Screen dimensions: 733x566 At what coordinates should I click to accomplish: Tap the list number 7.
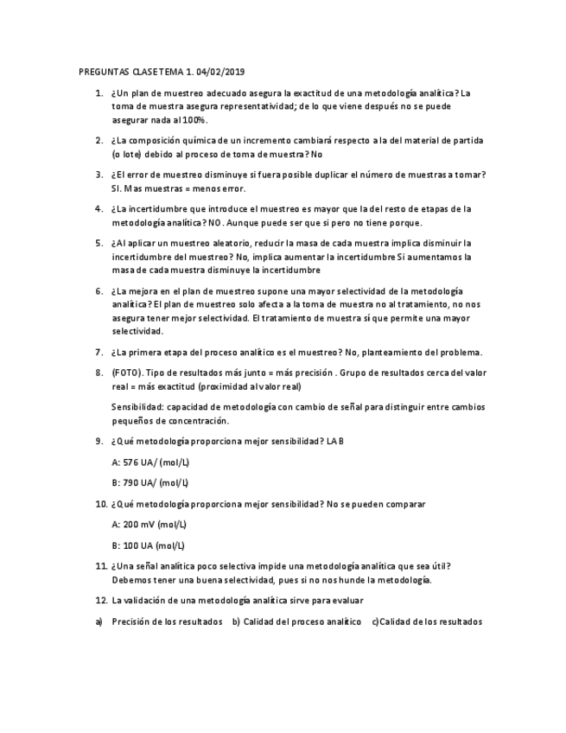[99, 352]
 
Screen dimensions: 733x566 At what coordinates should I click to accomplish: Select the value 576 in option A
[133, 462]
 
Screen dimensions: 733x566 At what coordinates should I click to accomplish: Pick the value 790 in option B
[133, 482]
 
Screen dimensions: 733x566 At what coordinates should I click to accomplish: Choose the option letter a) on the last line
[99, 621]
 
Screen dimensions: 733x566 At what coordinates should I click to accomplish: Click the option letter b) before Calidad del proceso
[236, 621]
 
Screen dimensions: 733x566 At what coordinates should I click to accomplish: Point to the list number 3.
[99, 175]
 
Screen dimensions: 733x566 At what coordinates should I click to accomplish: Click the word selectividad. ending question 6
[137, 331]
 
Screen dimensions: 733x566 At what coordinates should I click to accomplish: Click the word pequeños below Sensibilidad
[133, 421]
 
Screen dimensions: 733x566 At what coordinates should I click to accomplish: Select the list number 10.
[100, 503]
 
